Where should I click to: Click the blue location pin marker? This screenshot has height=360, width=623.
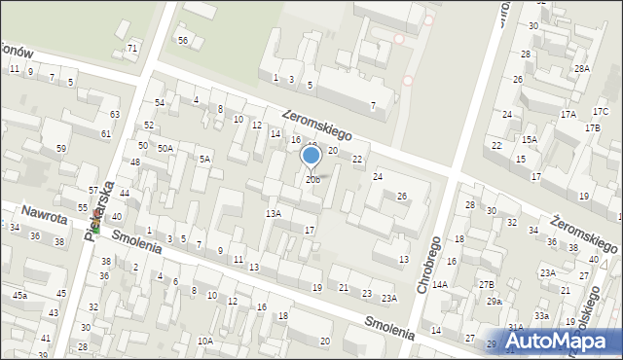[x=311, y=156]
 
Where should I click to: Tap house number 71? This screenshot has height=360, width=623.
[x=132, y=49]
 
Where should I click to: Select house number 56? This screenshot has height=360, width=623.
[x=182, y=40]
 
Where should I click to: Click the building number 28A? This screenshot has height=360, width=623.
[x=581, y=69]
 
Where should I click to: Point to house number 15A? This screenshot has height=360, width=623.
[x=529, y=140]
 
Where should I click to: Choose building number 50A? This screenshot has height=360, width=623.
[x=165, y=148]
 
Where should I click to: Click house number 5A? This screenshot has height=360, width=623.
[x=204, y=159]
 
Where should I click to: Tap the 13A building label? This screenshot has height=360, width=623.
[x=274, y=213]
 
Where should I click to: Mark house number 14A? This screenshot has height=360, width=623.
[x=440, y=285]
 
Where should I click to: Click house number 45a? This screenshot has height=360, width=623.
[x=20, y=295]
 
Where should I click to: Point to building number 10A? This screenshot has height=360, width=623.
[x=204, y=341]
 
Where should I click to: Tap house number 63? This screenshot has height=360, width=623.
[x=115, y=115]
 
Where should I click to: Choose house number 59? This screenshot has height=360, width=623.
[x=60, y=149]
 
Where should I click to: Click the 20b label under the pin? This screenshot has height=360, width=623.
[x=311, y=180]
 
